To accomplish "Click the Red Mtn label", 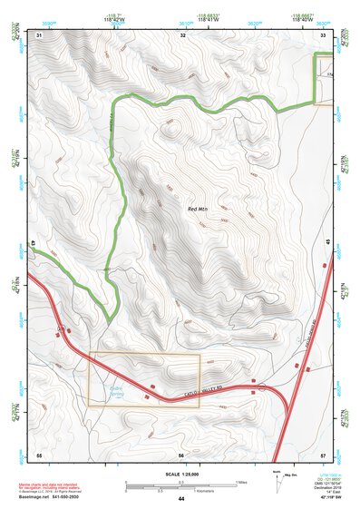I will (x=198, y=210).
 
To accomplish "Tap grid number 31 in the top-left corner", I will (x=39, y=34).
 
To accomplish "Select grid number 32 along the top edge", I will (x=183, y=34).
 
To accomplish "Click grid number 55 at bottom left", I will (x=39, y=453).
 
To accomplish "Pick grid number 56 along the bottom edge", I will (x=182, y=453).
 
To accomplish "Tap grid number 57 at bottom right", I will (x=325, y=453).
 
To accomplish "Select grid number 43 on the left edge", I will (x=34, y=243).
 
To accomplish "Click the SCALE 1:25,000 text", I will (x=180, y=475).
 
